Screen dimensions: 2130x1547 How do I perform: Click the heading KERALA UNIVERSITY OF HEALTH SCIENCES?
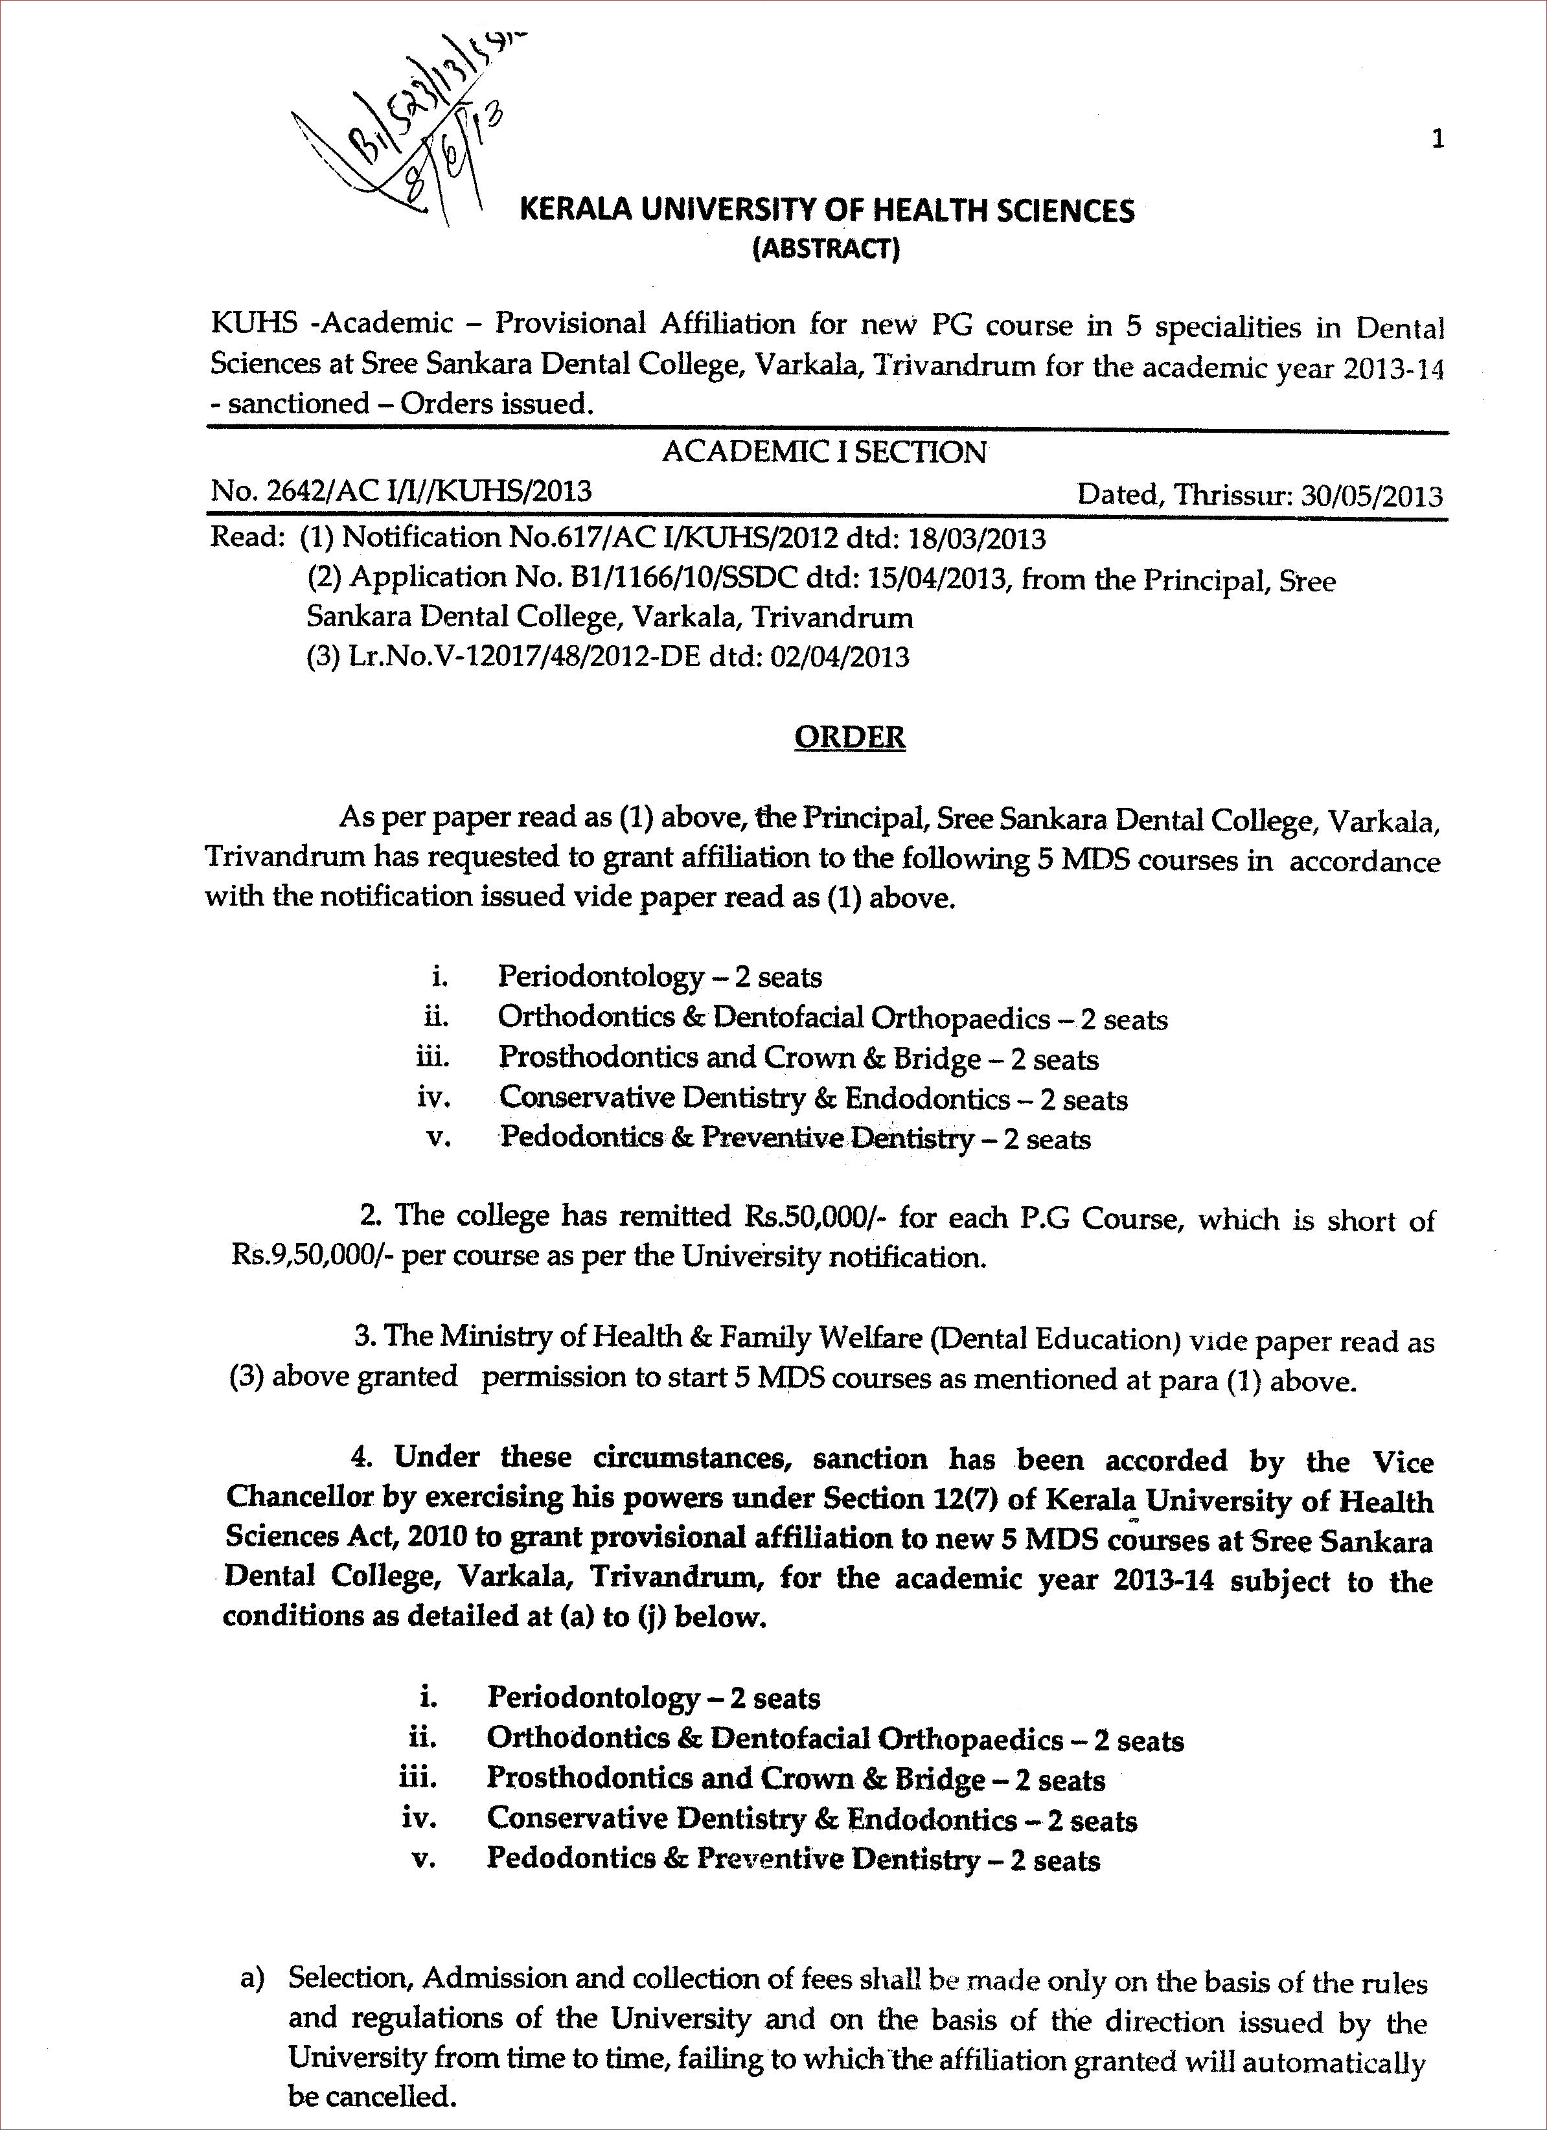[x=827, y=211]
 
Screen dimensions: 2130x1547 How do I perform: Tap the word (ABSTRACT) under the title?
[x=827, y=250]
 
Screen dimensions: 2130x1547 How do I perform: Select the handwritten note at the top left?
[x=404, y=141]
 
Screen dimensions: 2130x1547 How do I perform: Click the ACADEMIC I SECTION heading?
[x=824, y=453]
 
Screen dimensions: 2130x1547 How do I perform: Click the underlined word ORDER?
[x=849, y=737]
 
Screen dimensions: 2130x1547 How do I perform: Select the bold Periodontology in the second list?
[x=593, y=1697]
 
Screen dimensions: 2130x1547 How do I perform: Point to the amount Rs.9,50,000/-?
[x=313, y=1257]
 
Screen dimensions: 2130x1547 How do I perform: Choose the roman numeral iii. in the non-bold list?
[x=432, y=1057]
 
